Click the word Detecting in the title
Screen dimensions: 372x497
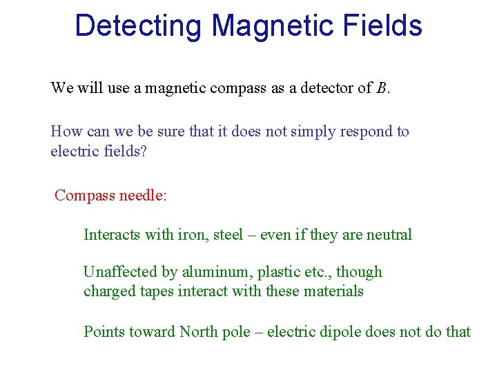pyautogui.click(x=139, y=26)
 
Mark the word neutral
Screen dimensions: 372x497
pyautogui.click(x=387, y=235)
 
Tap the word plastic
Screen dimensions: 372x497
pyautogui.click(x=263, y=272)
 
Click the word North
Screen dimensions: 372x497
pyautogui.click(x=198, y=332)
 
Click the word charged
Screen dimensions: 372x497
pyautogui.click(x=107, y=291)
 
